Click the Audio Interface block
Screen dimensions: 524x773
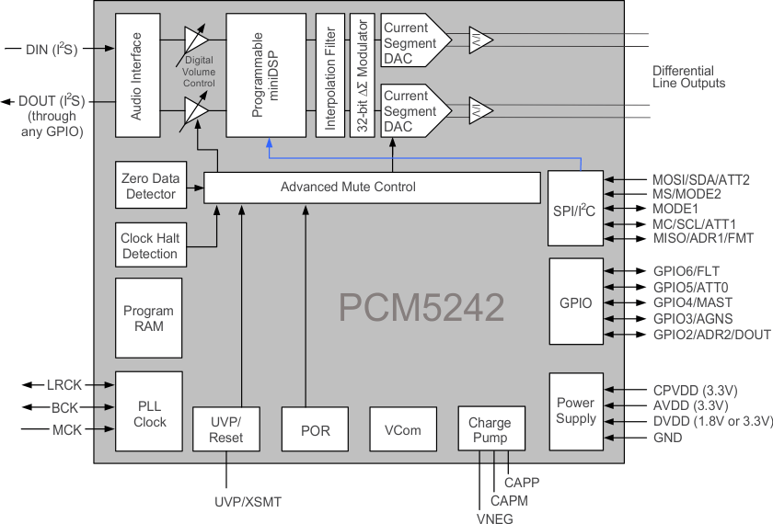(x=137, y=75)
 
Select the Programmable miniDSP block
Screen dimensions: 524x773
(x=265, y=75)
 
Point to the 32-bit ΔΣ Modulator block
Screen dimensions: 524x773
(x=362, y=75)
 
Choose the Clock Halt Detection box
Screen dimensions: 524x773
(x=149, y=245)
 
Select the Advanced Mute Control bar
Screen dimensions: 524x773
(x=371, y=188)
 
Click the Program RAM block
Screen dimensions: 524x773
(x=149, y=318)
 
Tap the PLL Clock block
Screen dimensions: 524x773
(x=149, y=412)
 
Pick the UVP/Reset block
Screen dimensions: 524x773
(x=225, y=429)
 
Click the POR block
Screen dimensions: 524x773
(x=316, y=429)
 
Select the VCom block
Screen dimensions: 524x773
(x=402, y=429)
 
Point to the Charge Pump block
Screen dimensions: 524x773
(x=490, y=429)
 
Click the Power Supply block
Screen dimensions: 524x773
(x=576, y=411)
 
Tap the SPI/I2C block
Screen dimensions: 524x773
(x=576, y=209)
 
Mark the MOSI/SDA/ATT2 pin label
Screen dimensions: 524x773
(x=687, y=179)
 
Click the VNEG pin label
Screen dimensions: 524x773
(x=494, y=518)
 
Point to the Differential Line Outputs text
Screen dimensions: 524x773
(x=688, y=77)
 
